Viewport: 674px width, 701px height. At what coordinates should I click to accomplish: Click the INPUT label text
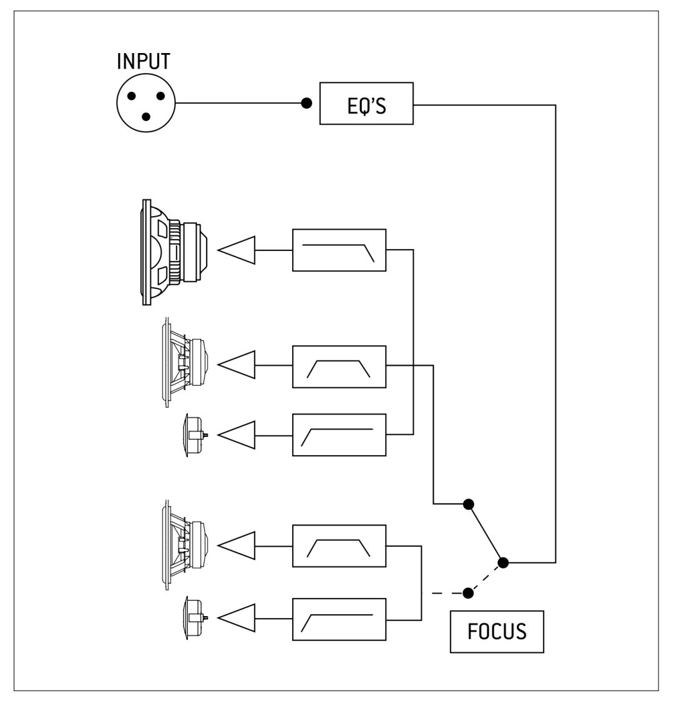click(x=144, y=61)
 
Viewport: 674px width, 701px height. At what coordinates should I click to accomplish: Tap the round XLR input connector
click(x=145, y=103)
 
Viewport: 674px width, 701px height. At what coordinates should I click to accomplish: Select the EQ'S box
click(x=366, y=103)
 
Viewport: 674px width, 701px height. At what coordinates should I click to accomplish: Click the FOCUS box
click(x=497, y=632)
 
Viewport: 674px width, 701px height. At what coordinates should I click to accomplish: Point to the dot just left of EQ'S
click(x=306, y=103)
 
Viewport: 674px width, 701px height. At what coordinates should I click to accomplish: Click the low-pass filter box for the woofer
click(x=339, y=250)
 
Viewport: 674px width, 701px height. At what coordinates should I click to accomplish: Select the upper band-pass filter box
click(x=339, y=366)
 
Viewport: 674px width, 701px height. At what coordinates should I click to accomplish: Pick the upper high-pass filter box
click(x=339, y=435)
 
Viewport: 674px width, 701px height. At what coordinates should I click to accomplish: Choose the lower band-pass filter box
click(x=339, y=546)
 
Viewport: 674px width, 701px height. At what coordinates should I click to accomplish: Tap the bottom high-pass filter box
click(x=339, y=619)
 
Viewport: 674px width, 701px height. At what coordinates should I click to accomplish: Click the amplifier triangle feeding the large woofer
click(x=237, y=250)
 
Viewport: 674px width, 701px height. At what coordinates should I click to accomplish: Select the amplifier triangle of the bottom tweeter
click(x=237, y=619)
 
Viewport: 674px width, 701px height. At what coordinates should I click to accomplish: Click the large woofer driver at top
click(x=174, y=252)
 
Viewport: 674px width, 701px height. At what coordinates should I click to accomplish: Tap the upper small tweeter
click(x=196, y=435)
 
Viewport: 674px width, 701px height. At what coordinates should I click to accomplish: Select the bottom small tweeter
click(x=196, y=618)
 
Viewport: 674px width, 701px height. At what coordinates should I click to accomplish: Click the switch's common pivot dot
click(x=503, y=562)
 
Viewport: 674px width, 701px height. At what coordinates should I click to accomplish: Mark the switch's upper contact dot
click(x=468, y=504)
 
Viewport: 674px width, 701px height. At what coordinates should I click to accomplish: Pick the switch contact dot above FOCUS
click(x=468, y=593)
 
